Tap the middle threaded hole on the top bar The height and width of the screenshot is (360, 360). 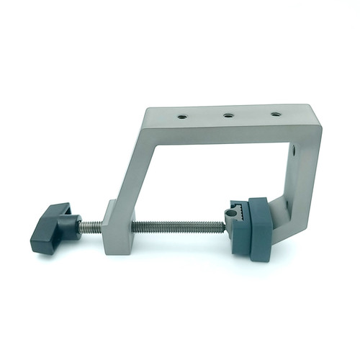228,114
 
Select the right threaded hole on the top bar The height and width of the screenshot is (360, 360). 275,113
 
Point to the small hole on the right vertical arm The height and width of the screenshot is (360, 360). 292,150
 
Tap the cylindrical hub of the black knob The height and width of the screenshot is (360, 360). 70,228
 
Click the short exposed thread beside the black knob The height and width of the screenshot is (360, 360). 90,227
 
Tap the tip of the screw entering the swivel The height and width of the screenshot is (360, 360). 224,226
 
